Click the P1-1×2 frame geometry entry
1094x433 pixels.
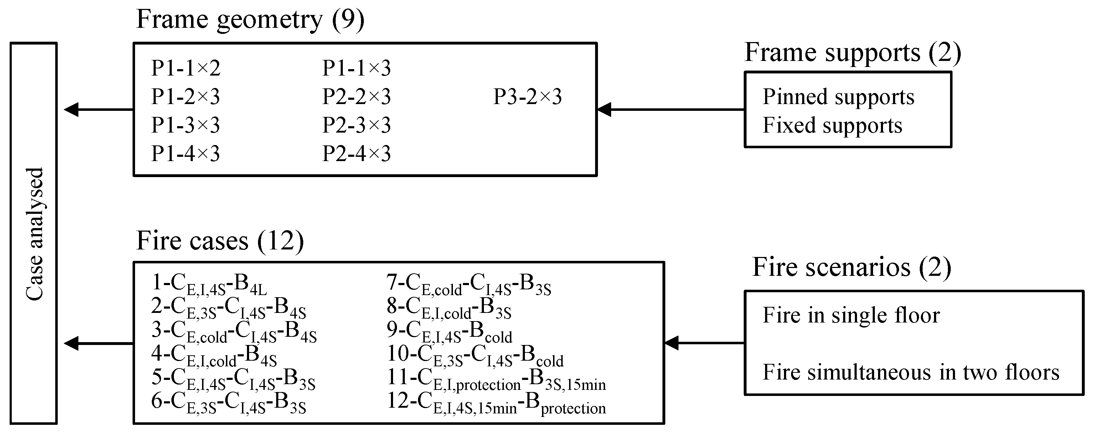pos(186,68)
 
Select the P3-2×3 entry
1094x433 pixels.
pos(527,97)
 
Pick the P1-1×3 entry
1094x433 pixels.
pos(356,68)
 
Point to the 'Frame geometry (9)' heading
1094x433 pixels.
pos(250,20)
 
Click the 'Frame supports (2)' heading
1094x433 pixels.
pos(853,53)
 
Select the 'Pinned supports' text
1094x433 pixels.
pos(838,97)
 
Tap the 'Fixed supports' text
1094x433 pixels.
pos(832,126)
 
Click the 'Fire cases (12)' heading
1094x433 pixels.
pos(220,241)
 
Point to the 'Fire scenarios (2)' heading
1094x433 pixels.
pos(851,267)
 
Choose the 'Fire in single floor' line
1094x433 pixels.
pos(851,316)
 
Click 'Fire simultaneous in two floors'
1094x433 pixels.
pos(910,372)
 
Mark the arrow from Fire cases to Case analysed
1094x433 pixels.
pos(98,343)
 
